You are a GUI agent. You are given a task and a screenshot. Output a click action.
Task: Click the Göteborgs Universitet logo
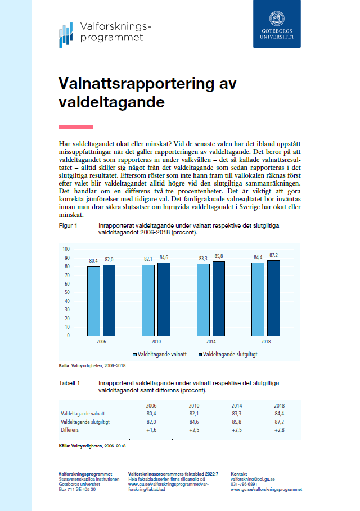(277, 24)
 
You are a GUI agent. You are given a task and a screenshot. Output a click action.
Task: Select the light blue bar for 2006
(93, 300)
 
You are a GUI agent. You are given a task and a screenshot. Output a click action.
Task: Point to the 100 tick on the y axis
(66, 248)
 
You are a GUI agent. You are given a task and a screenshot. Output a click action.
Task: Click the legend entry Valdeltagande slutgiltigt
(228, 355)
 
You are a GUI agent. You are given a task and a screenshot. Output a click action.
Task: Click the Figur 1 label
(68, 225)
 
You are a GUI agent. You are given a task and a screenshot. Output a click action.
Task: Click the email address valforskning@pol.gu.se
(253, 479)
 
